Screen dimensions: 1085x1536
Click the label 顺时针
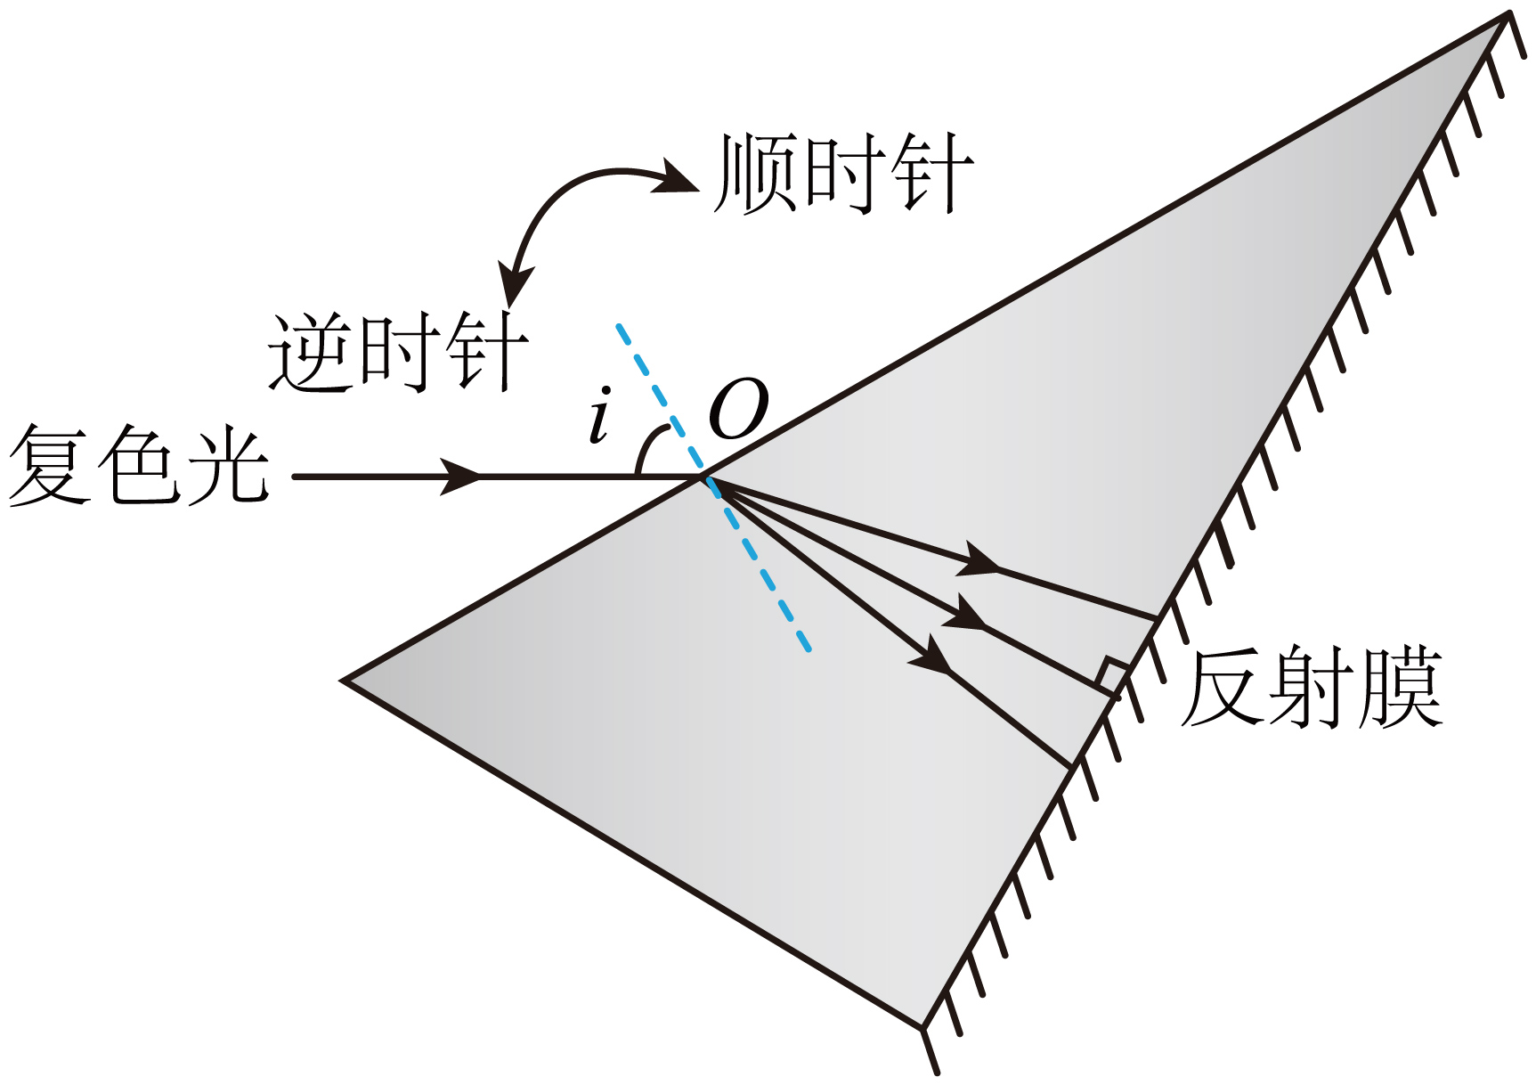click(842, 175)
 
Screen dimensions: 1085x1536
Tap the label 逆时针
click(398, 353)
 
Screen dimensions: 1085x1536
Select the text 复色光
click(139, 465)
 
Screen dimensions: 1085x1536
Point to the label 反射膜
click(1311, 689)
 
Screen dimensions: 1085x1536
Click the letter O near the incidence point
click(738, 410)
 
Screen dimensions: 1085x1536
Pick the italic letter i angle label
click(601, 416)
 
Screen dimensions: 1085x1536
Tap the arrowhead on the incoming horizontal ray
click(461, 477)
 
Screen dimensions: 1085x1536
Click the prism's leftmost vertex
click(344, 681)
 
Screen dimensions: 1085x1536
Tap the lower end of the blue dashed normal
click(808, 649)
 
